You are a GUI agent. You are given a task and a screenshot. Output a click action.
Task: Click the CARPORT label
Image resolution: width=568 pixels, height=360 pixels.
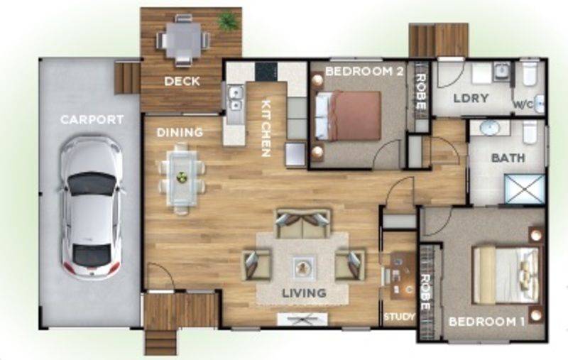[92, 119]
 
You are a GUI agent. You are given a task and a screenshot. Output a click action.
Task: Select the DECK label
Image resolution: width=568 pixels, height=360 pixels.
[182, 81]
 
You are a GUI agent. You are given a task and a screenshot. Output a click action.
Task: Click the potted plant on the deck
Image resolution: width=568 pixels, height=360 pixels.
[228, 22]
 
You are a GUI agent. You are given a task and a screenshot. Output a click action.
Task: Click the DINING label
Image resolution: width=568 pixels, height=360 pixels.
[180, 132]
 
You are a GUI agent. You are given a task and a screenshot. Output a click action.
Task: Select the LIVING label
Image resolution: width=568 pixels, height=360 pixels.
[303, 293]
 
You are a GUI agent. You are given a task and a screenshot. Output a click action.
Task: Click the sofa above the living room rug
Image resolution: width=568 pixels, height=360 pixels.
[303, 224]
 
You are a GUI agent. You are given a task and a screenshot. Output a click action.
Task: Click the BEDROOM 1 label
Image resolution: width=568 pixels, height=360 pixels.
[486, 322]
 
